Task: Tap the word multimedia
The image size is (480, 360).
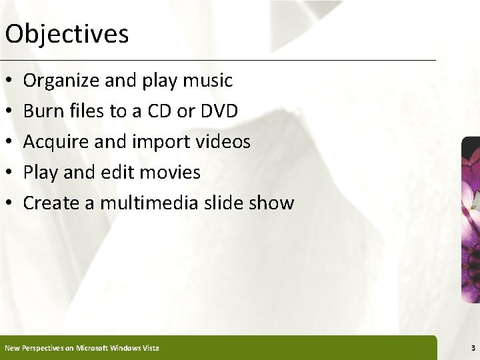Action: click(x=136, y=203)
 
